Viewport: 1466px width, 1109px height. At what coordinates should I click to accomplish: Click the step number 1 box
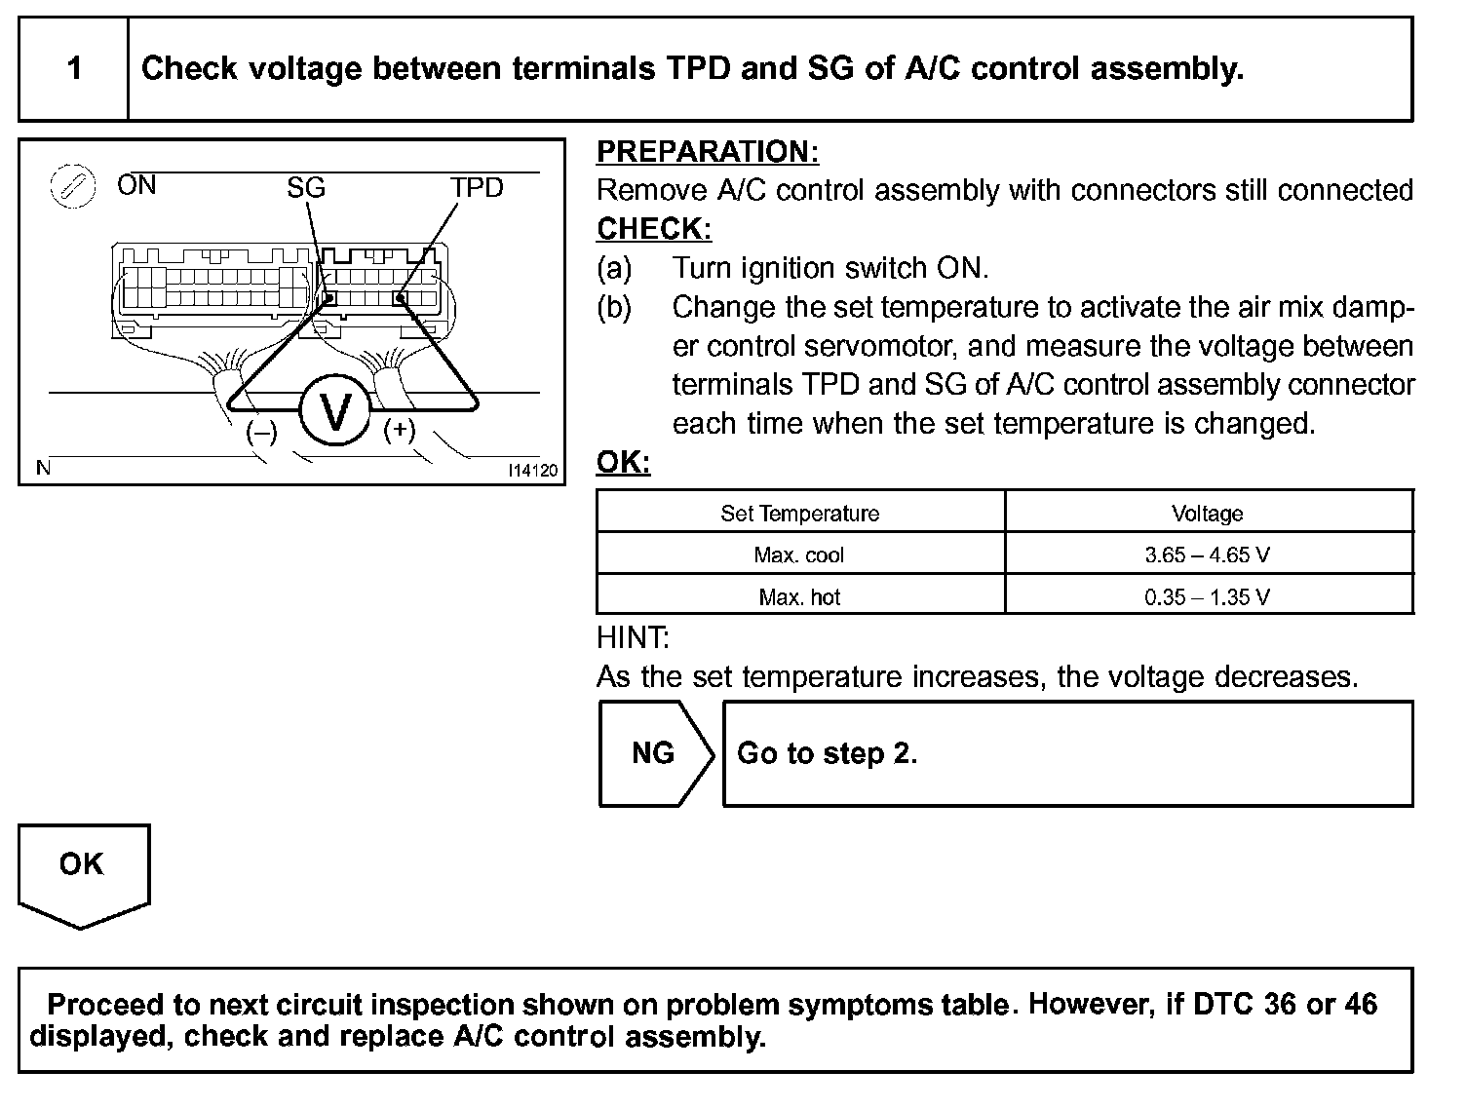74,68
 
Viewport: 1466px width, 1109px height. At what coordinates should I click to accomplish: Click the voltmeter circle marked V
334,412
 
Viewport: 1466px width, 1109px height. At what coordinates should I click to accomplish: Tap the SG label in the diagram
305,187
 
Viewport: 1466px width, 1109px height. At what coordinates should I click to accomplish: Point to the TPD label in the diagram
476,187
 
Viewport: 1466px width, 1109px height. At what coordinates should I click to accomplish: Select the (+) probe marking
400,430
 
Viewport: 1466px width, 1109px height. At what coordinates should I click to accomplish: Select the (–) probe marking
261,432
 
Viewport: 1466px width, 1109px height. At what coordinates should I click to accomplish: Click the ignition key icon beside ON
72,186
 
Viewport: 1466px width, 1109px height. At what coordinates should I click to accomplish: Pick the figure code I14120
532,471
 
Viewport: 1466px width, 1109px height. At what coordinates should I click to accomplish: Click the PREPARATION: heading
708,152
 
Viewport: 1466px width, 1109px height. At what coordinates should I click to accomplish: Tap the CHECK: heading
654,229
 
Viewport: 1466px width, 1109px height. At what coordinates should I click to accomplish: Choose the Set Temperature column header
799,514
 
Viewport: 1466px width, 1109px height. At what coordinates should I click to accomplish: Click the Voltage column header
1207,514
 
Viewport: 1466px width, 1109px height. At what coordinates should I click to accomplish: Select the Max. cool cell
799,555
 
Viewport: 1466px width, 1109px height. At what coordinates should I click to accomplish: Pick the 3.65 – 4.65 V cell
1207,555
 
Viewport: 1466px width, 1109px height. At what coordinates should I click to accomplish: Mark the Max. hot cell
799,596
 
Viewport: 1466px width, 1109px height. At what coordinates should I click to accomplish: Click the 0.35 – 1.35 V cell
1207,596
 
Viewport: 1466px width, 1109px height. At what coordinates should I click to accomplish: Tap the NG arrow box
654,753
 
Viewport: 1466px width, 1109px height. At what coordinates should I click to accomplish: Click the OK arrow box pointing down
82,870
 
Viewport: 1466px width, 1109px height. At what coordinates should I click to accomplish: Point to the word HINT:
633,638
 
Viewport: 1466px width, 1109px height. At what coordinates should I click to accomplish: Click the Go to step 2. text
827,753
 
